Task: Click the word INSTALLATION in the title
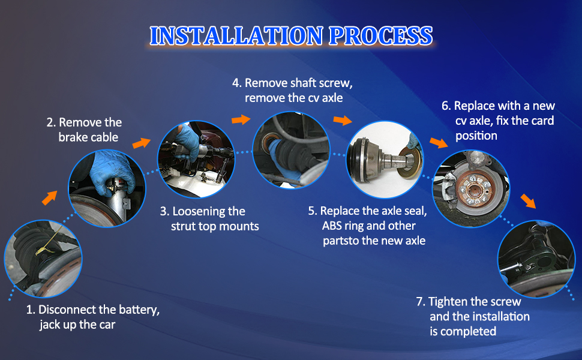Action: coord(236,36)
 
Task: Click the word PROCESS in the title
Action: coord(381,36)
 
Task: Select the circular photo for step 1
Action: coord(43,259)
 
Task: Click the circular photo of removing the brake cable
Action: coord(107,188)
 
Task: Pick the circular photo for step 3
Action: coord(196,159)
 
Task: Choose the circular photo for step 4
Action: coord(291,151)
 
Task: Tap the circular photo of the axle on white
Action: coord(385,159)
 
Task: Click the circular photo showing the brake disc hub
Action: coord(471,188)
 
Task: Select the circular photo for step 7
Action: coord(536,259)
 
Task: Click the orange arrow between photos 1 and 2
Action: coord(50,197)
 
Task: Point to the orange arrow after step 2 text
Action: coord(142,143)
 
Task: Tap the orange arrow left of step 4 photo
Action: coord(241,119)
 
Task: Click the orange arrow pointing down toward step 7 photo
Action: coord(528,201)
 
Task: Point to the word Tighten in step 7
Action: coord(447,302)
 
